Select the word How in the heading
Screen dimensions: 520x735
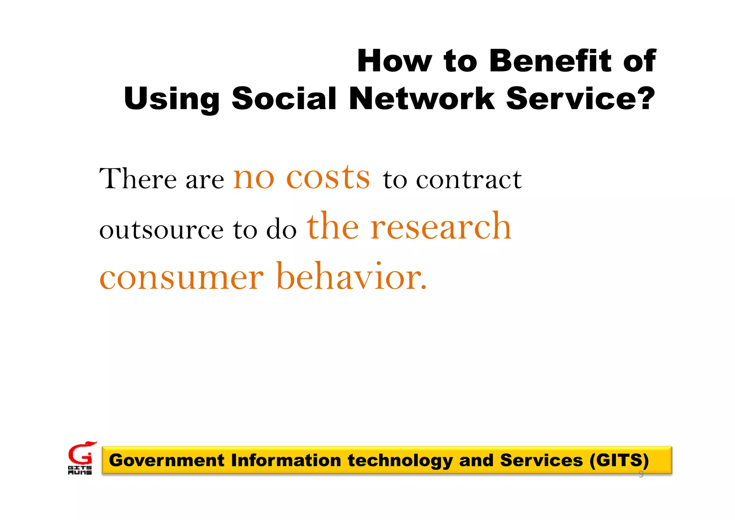pyautogui.click(x=394, y=61)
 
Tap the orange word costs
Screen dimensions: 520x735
pyautogui.click(x=328, y=177)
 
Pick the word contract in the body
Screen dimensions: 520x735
pyautogui.click(x=469, y=179)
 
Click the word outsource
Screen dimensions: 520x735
pyautogui.click(x=161, y=230)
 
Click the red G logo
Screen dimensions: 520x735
pyautogui.click(x=81, y=453)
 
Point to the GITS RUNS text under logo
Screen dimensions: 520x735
pyautogui.click(x=80, y=470)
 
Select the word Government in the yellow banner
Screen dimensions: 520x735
pyautogui.click(x=167, y=460)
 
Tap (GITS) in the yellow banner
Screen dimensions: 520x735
pyautogui.click(x=619, y=460)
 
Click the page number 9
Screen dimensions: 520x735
pyautogui.click(x=641, y=474)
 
